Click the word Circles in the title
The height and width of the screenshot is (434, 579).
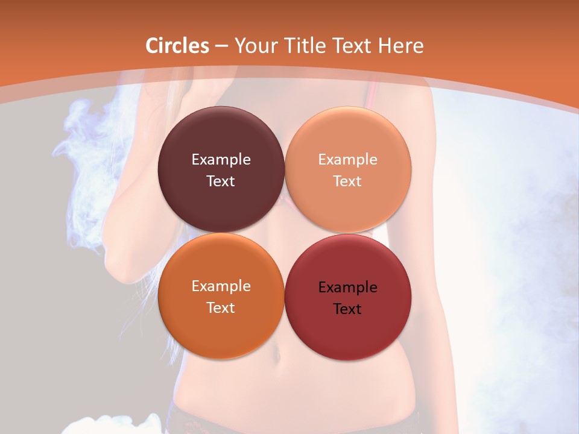[x=177, y=46]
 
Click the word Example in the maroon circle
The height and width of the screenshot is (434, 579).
[x=221, y=160]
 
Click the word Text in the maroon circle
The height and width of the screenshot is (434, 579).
[x=221, y=181]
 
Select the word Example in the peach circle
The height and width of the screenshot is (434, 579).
[x=348, y=160]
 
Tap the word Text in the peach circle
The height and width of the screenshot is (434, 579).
[x=348, y=181]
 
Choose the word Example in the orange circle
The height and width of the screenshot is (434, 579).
[x=221, y=286]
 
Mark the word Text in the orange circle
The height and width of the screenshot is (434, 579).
[x=221, y=308]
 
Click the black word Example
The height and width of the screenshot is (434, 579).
[x=348, y=288]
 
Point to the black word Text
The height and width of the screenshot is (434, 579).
[x=348, y=309]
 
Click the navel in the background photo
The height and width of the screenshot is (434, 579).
[x=278, y=356]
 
